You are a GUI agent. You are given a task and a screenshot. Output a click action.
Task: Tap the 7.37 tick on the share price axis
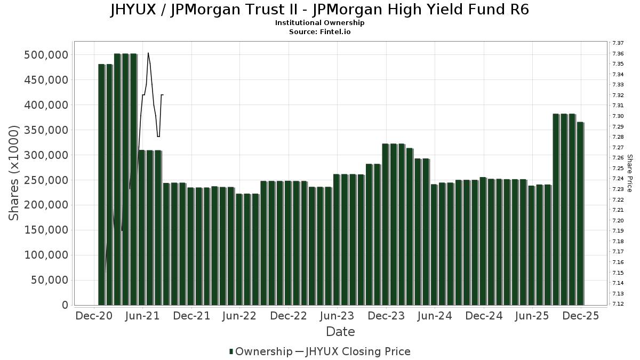[618, 43]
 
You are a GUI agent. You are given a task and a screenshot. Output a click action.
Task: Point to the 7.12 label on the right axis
[618, 304]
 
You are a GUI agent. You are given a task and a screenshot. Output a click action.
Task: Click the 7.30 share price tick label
[618, 116]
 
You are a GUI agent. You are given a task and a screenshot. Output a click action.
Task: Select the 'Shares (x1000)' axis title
[14, 173]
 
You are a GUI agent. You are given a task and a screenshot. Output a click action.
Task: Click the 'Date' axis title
[340, 332]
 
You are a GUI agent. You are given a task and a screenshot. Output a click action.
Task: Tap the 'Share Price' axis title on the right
[629, 173]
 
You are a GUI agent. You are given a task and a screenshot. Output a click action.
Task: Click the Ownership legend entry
[261, 351]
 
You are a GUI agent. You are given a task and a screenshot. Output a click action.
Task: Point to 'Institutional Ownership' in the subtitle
[319, 23]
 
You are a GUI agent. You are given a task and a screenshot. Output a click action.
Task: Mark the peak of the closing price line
[148, 53]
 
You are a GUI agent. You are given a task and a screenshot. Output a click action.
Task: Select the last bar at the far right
[580, 213]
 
